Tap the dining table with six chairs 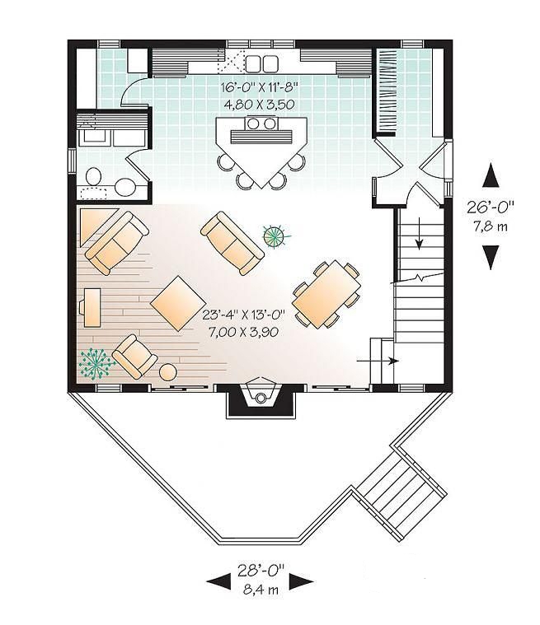(x=327, y=294)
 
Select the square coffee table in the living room (x=178, y=304)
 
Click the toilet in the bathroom (x=94, y=175)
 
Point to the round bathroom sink (x=125, y=187)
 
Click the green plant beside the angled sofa (x=276, y=236)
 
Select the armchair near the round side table (x=134, y=355)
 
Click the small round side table (x=167, y=371)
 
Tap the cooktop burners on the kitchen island (x=261, y=124)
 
